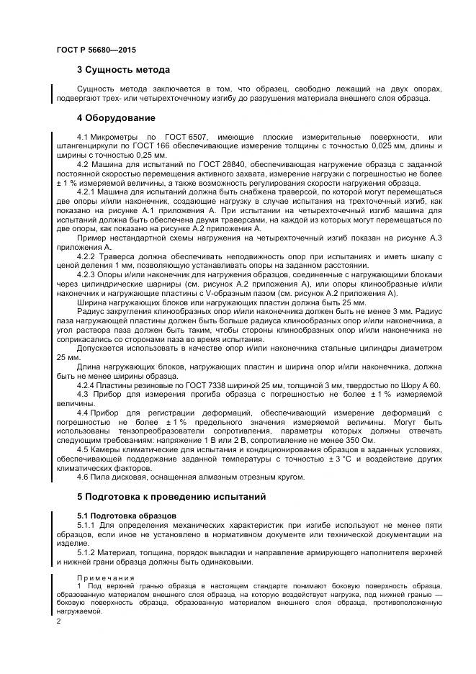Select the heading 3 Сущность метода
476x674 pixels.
(x=123, y=71)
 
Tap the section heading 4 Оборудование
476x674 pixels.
(x=116, y=118)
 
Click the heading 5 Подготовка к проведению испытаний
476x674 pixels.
(x=171, y=497)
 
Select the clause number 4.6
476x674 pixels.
(x=83, y=477)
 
